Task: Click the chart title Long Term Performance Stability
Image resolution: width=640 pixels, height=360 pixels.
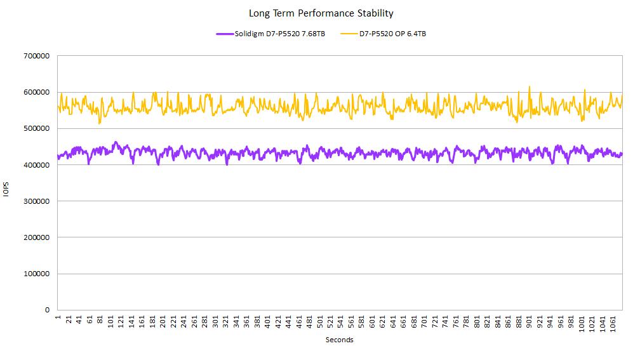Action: tap(321, 13)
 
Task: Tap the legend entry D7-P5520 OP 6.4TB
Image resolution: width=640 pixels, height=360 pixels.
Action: tap(392, 34)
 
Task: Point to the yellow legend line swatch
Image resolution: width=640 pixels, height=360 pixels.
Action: tap(349, 34)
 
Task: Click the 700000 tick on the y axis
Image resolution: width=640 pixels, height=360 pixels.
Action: tap(37, 56)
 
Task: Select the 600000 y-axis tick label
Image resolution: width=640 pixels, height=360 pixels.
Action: tap(37, 92)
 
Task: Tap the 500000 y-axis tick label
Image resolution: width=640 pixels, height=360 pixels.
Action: tap(37, 128)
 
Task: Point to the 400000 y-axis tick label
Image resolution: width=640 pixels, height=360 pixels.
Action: tap(37, 165)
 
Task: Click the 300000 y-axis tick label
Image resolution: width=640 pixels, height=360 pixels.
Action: tap(37, 201)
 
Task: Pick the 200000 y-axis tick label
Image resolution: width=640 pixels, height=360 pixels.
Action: tap(37, 237)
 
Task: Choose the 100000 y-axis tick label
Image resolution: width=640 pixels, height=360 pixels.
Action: tap(37, 274)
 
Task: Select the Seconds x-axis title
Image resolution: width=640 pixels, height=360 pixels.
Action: tap(339, 340)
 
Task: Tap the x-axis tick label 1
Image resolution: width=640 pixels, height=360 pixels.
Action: tap(58, 317)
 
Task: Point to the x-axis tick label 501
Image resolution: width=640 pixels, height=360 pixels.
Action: tap(320, 321)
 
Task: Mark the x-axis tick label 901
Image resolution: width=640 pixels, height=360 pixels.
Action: tap(530, 321)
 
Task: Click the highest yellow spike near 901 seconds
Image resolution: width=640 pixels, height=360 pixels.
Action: tap(530, 87)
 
